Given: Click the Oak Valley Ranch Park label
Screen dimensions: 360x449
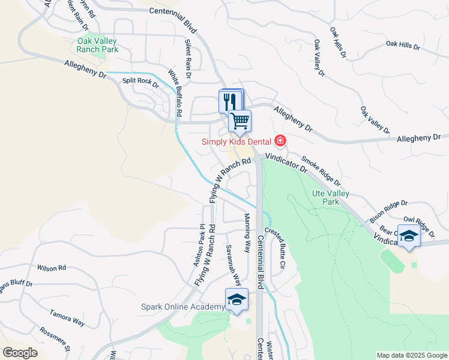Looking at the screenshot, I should pos(97,45).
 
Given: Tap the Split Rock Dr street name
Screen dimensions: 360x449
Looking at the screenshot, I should pos(140,83).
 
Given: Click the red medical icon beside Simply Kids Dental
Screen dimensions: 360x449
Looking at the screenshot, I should pos(280,141).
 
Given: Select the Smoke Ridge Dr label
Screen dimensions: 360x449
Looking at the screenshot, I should pos(321,170).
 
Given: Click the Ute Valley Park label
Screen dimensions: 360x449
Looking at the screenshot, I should pos(330,197).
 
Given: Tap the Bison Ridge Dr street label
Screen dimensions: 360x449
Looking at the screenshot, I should pos(388,207).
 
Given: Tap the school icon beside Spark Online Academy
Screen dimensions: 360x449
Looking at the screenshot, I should pos(237,299).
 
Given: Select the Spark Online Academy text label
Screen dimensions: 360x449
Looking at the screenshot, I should pos(182,307).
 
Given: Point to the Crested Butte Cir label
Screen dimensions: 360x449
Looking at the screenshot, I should pos(277,248).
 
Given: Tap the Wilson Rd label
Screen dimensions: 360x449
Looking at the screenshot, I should pos(51,268).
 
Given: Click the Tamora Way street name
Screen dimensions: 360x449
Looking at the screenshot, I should pos(67,317).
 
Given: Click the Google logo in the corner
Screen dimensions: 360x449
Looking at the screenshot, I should pos(19,352).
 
